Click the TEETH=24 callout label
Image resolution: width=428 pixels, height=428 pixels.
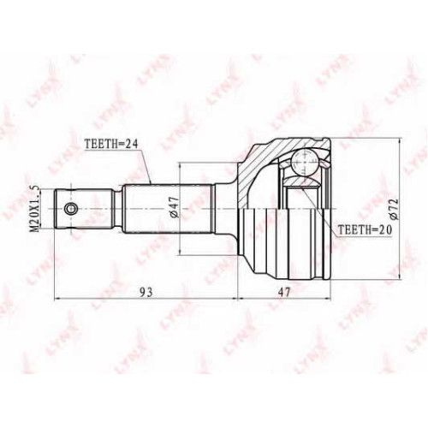coord(111,144)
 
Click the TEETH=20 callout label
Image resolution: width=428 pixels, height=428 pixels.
coord(365,229)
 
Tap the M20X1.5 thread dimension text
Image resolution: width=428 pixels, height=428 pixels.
coord(35,208)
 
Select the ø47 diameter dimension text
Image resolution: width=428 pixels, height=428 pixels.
coord(175,208)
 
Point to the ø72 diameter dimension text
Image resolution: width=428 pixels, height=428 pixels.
coord(395,209)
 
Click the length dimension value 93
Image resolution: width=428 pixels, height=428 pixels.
coord(146,292)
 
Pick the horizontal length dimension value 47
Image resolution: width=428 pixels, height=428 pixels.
coord(283,292)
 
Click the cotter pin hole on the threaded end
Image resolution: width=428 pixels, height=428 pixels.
coord(70,209)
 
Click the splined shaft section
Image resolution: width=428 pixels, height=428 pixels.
coord(169,209)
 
